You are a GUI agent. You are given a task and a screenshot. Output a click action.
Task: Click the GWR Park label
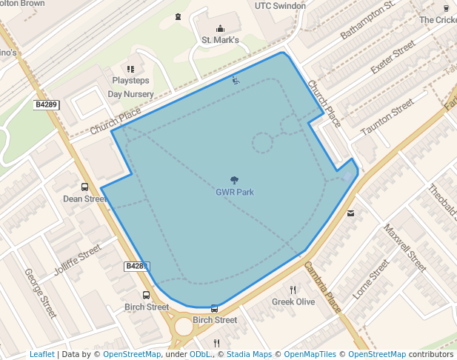(x=235, y=192)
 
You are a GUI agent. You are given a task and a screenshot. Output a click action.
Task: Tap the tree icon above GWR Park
(x=235, y=180)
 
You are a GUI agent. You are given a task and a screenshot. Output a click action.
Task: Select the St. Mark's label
(x=221, y=40)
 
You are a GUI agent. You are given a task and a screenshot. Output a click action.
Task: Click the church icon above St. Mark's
(x=221, y=29)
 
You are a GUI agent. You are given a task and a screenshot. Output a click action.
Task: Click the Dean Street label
(x=85, y=199)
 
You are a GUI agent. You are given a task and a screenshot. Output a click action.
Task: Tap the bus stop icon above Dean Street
(x=84, y=187)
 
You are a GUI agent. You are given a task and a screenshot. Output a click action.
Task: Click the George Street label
(x=40, y=293)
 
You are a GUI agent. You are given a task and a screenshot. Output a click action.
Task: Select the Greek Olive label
(x=293, y=301)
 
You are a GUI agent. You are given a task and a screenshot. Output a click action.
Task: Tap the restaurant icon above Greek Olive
(x=293, y=290)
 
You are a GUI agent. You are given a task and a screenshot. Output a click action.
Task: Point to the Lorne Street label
(x=371, y=279)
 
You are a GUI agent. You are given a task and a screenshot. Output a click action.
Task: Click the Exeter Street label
(x=393, y=60)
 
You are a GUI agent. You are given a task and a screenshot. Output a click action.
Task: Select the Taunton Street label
(x=387, y=118)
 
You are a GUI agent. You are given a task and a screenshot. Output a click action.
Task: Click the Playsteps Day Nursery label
(x=131, y=87)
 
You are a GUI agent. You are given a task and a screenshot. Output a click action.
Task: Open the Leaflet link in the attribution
(x=42, y=354)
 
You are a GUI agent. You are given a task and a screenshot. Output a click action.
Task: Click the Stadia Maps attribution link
(x=250, y=354)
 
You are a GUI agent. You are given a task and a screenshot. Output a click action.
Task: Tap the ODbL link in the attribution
(x=199, y=354)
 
